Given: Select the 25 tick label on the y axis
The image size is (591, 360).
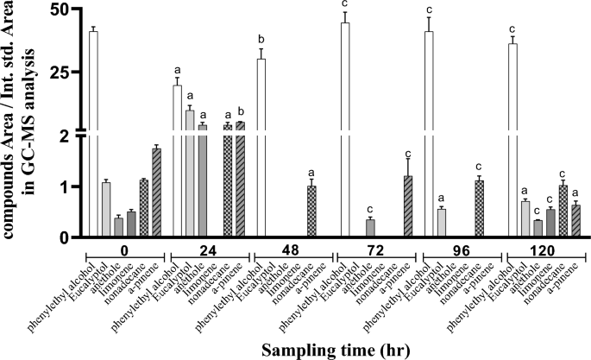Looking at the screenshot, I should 58,73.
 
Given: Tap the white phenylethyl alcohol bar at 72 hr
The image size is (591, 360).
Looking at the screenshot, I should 345,129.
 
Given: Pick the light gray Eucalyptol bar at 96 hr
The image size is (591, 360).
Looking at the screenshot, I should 442,222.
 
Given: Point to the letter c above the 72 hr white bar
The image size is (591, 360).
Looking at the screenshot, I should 345,3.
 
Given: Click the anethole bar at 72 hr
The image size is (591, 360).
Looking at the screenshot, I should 370,227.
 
